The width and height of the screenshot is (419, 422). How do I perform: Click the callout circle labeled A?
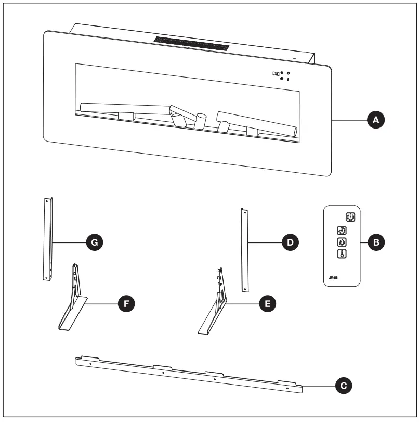pos(375,120)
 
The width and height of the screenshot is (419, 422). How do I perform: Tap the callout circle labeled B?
pos(375,242)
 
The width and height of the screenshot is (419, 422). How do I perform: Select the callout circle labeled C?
pos(342,386)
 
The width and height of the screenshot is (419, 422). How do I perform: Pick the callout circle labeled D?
pos(290,242)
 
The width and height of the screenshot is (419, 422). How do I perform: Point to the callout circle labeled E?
pos(267,303)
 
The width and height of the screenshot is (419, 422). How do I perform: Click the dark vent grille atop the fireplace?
pos(191,44)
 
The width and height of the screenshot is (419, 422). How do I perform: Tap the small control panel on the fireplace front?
pos(281,76)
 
